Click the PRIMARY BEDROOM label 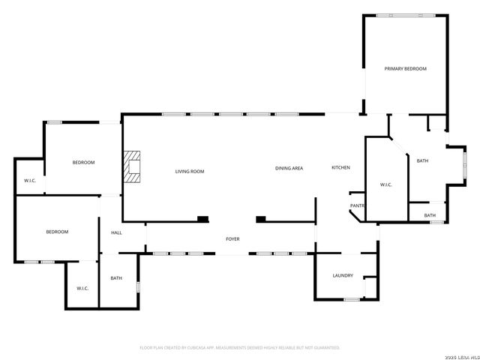pyautogui.click(x=405, y=69)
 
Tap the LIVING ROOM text pyautogui.click(x=190, y=172)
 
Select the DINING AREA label pyautogui.click(x=289, y=168)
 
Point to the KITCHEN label pyautogui.click(x=341, y=167)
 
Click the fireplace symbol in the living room pyautogui.click(x=133, y=166)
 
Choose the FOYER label pyautogui.click(x=233, y=239)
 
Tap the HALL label pyautogui.click(x=116, y=232)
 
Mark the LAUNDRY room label pyautogui.click(x=343, y=276)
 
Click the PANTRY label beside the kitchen pyautogui.click(x=357, y=205)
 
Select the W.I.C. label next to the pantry pyautogui.click(x=386, y=184)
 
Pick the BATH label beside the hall pyautogui.click(x=116, y=278)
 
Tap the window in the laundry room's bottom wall pyautogui.click(x=351, y=299)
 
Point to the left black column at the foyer pyautogui.click(x=202, y=219)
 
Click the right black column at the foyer pyautogui.click(x=261, y=219)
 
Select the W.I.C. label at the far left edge pyautogui.click(x=30, y=181)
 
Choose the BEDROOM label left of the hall pyautogui.click(x=57, y=232)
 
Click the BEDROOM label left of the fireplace pyautogui.click(x=83, y=163)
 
